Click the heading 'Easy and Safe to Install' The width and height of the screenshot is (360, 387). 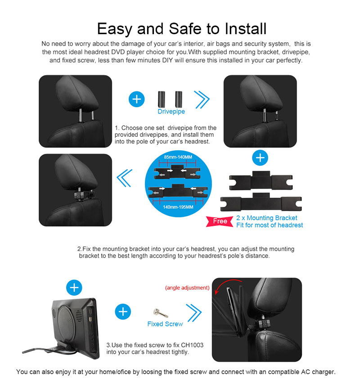[x=182, y=29]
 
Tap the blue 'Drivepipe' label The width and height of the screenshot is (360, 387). [x=171, y=112]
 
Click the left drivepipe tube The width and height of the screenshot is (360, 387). [x=162, y=99]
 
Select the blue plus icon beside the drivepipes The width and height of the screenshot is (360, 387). [x=137, y=99]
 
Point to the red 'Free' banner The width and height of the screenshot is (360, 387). [x=220, y=221]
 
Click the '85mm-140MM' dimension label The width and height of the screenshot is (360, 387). [x=178, y=157]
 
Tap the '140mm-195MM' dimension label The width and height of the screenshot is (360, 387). [x=178, y=207]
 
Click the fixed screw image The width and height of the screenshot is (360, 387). [x=160, y=313]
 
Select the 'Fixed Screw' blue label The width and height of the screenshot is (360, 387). [x=165, y=324]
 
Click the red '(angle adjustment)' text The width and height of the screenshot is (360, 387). [x=187, y=288]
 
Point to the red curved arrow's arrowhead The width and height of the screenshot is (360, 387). [x=216, y=291]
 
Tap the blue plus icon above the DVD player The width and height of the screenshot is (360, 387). [x=74, y=288]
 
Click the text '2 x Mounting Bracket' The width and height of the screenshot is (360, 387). [x=266, y=218]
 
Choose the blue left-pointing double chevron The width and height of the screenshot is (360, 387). [x=125, y=178]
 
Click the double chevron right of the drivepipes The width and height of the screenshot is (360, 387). [x=202, y=99]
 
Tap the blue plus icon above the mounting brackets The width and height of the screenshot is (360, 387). [x=260, y=157]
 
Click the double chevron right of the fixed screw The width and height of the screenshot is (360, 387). [x=194, y=313]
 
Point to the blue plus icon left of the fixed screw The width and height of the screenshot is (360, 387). [x=123, y=312]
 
